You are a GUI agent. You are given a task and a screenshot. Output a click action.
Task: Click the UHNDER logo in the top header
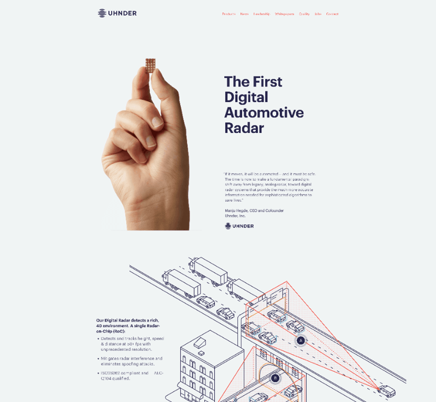(x=117, y=13)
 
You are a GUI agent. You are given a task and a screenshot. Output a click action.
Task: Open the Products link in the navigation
(x=229, y=14)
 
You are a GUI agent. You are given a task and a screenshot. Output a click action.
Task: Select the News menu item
(x=244, y=14)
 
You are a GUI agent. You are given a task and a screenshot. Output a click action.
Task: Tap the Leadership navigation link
(x=262, y=14)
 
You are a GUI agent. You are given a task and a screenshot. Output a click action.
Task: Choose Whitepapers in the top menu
(x=284, y=14)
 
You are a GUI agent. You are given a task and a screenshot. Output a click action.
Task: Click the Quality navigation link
(x=304, y=14)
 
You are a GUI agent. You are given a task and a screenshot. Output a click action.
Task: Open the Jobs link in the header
(x=318, y=14)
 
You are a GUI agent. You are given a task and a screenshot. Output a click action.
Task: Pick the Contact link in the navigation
(x=332, y=14)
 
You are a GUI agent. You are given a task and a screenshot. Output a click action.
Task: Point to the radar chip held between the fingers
(x=150, y=65)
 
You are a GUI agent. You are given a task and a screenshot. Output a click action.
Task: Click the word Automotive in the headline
(x=264, y=113)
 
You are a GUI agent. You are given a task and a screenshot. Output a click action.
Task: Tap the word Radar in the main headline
(x=244, y=128)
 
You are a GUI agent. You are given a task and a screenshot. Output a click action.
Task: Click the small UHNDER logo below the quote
(x=239, y=226)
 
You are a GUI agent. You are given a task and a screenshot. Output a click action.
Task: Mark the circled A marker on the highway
(x=301, y=340)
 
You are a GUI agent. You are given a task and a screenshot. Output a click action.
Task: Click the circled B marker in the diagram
(x=275, y=378)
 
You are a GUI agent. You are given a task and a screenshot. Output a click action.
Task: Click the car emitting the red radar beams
(x=386, y=390)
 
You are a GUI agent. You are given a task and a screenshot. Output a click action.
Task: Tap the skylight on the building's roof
(x=200, y=342)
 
